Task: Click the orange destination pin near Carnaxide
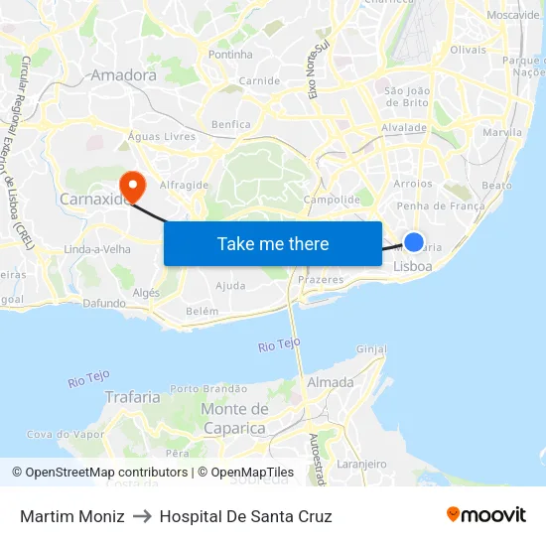click(x=131, y=185)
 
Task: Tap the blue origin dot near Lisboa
click(x=414, y=242)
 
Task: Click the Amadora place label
click(x=123, y=75)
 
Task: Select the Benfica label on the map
click(x=231, y=125)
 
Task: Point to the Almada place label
click(x=331, y=382)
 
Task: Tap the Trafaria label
click(x=132, y=397)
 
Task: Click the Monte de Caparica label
click(x=235, y=419)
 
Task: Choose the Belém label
click(x=202, y=311)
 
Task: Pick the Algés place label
click(x=146, y=293)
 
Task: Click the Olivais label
click(x=468, y=50)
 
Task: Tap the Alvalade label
click(x=404, y=128)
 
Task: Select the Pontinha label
click(x=231, y=56)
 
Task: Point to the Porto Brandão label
click(x=208, y=388)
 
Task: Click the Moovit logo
click(x=486, y=515)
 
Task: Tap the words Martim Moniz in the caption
click(x=72, y=516)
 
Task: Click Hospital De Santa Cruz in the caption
click(x=245, y=516)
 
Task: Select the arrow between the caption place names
click(x=142, y=516)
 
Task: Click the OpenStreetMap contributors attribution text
click(x=102, y=473)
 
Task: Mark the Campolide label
click(x=332, y=200)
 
